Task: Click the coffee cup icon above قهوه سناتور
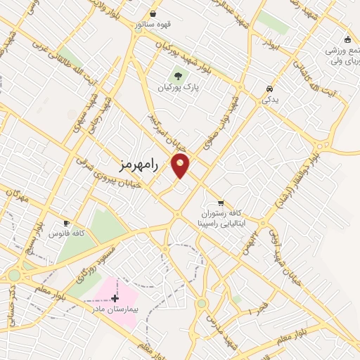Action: (153, 13)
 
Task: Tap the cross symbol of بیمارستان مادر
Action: (115, 299)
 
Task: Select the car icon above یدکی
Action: (270, 89)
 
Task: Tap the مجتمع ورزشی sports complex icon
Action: (347, 39)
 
